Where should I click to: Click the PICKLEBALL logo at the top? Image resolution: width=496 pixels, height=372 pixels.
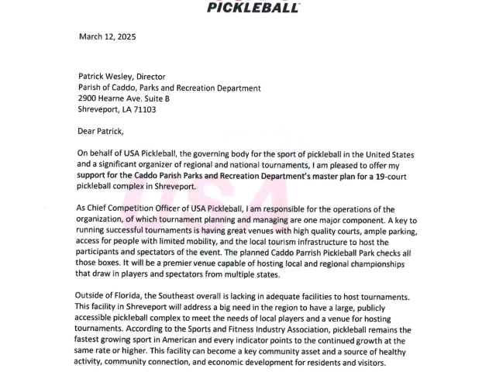point(254,7)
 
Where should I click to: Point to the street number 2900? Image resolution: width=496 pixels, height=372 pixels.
point(91,99)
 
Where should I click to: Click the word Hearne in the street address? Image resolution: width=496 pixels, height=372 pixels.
point(123,99)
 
